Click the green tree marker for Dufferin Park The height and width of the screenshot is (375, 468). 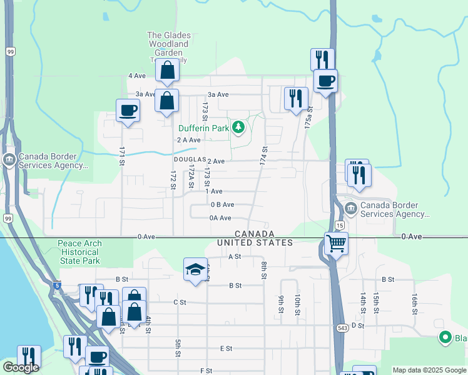238,128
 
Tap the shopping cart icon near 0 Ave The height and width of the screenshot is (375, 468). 336,242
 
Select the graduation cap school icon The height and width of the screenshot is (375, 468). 195,269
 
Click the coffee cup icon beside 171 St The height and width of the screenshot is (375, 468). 128,111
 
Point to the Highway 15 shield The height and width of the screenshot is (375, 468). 339,224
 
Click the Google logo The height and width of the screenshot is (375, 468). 20,367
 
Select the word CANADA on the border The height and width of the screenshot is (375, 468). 255,233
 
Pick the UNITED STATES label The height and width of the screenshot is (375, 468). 255,242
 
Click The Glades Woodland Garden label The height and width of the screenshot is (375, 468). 168,44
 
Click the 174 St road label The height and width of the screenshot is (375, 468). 265,156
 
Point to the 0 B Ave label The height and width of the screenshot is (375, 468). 222,204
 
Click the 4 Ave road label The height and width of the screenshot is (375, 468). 136,76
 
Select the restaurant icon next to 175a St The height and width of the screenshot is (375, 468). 296,98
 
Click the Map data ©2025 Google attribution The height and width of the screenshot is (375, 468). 429,370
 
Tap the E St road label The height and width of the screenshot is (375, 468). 226,348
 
